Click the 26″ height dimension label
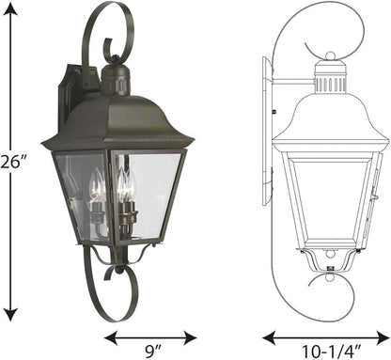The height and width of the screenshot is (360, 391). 11,164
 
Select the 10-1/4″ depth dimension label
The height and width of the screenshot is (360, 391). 332,352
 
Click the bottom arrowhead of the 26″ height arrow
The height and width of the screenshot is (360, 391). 11,313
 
